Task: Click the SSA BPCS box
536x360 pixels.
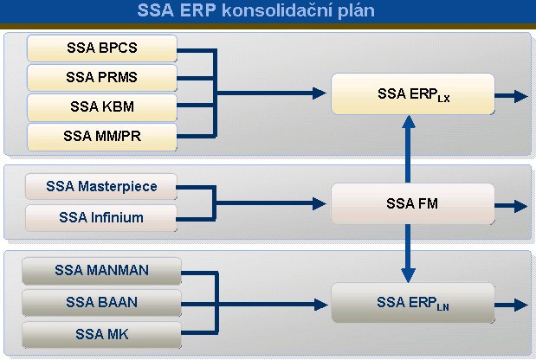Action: [102, 48]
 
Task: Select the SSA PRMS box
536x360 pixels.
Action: [102, 78]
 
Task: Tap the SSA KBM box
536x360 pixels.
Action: [102, 107]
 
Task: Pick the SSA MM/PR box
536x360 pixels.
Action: [102, 137]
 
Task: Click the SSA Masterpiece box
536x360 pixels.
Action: [101, 186]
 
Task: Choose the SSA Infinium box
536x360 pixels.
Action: [101, 218]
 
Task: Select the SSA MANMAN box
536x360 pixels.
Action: [101, 271]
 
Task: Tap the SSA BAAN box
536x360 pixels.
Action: [101, 303]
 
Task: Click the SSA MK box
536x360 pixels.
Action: [101, 334]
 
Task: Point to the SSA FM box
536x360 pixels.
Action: [412, 204]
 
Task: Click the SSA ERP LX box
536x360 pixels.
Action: [412, 94]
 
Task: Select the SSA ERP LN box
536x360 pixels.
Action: [412, 303]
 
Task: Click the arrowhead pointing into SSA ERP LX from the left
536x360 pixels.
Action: [320, 93]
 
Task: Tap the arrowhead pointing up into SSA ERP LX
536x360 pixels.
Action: [409, 122]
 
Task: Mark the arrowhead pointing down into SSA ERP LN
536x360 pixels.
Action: [408, 275]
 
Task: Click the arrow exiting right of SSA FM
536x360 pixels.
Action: [511, 206]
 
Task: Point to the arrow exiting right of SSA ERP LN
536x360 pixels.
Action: [511, 305]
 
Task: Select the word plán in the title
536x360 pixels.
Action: [357, 11]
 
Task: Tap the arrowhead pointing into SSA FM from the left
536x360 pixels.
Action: [320, 203]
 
